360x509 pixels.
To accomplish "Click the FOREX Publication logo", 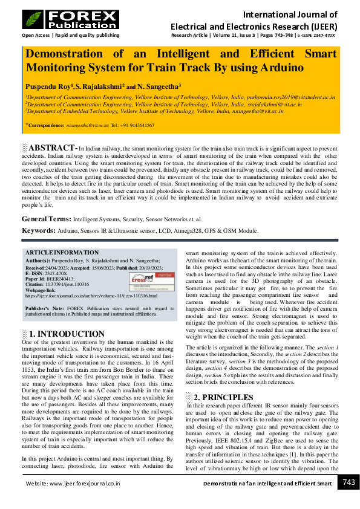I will click(x=70, y=19).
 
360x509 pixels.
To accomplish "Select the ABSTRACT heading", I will click(x=53, y=148).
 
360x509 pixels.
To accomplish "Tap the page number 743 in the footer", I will click(x=349, y=482).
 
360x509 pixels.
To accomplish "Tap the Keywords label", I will click(x=38, y=230).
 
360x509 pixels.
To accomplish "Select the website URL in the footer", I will click(x=73, y=484).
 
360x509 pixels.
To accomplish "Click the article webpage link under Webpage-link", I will click(x=91, y=296).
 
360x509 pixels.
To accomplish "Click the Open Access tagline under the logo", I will click(x=70, y=36).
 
